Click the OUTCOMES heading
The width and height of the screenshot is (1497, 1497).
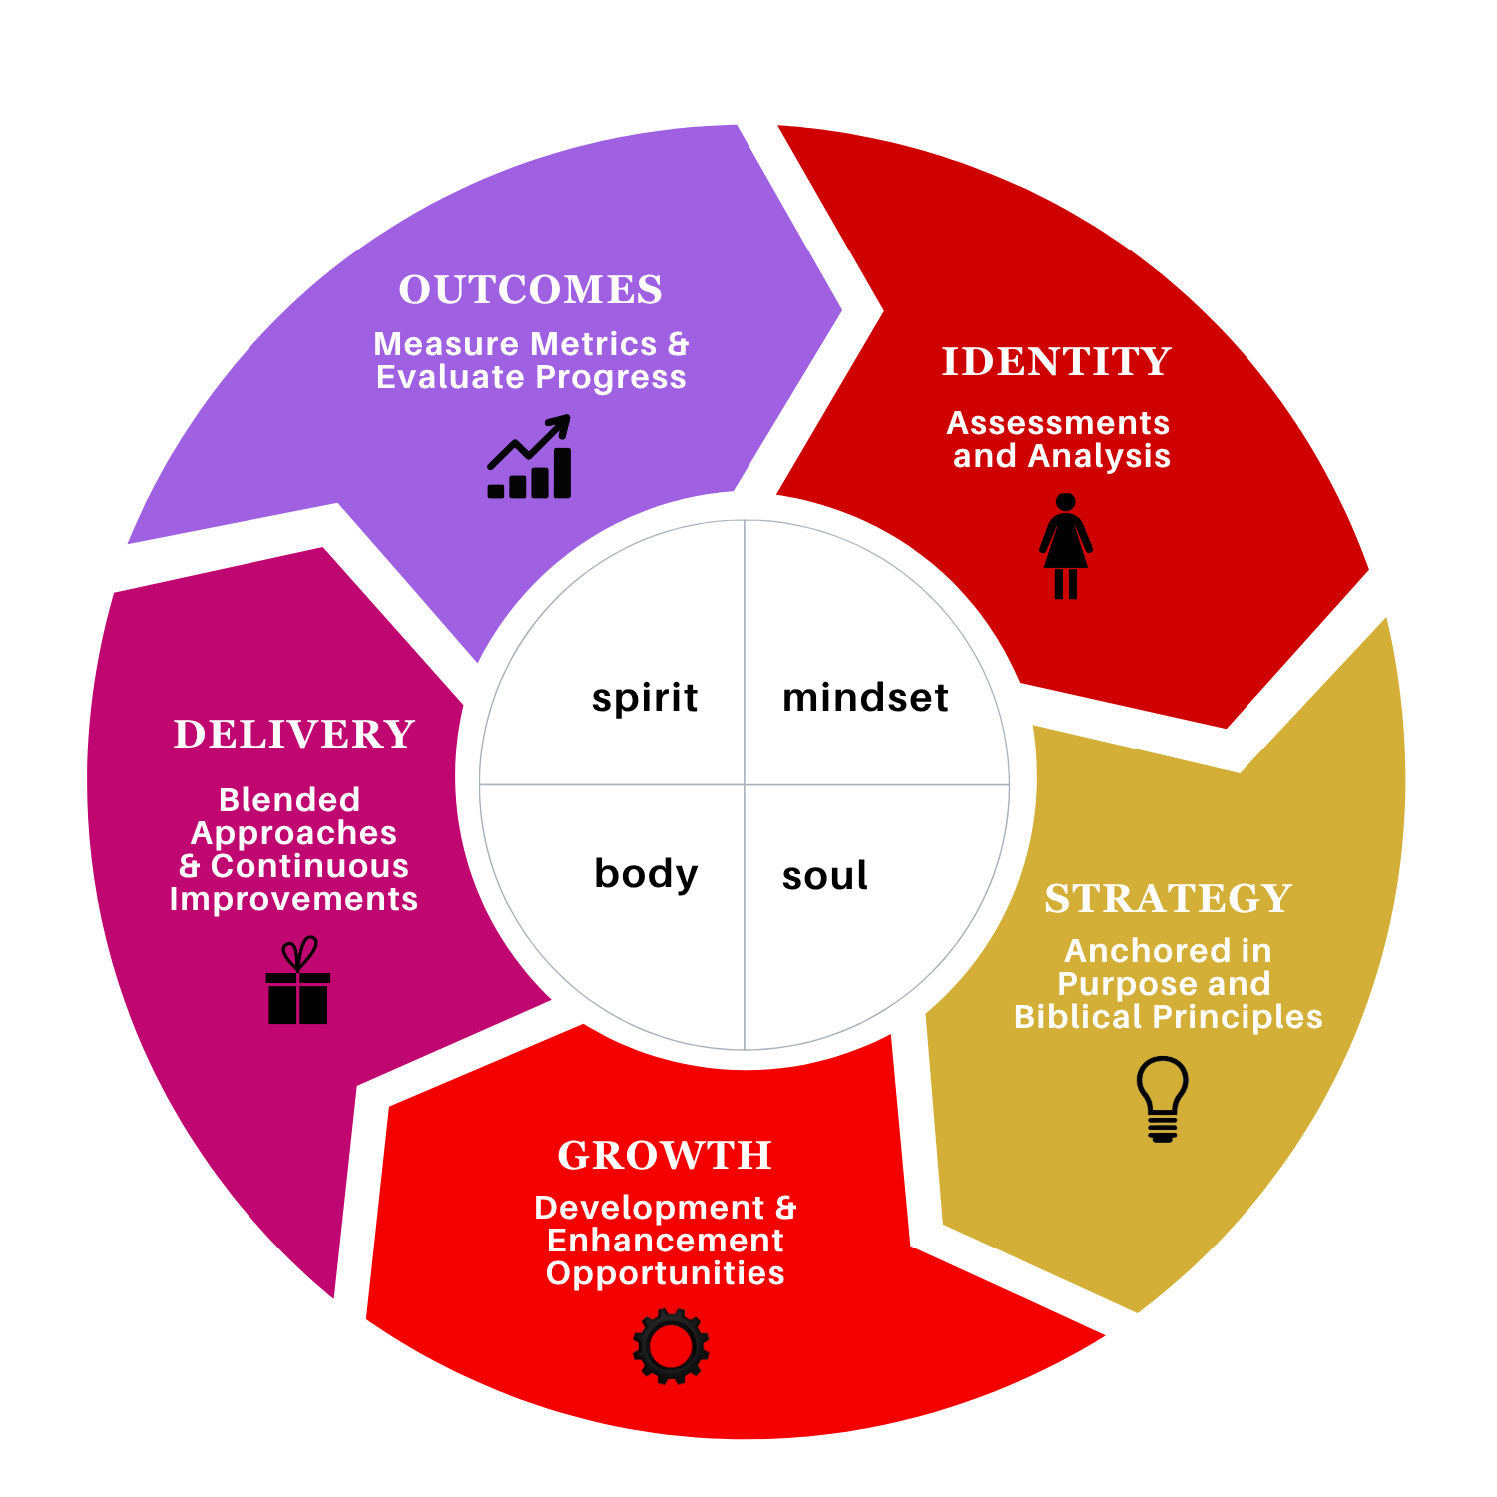[530, 290]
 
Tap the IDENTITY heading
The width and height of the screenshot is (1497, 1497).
[1056, 362]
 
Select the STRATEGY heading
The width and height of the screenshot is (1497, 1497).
[1168, 899]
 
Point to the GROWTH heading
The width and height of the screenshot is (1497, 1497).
[665, 1156]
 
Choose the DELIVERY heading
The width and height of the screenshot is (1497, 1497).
[294, 735]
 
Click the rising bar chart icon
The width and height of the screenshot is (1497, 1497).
[530, 459]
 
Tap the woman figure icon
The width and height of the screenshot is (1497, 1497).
[1065, 546]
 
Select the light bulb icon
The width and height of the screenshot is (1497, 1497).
[1162, 1099]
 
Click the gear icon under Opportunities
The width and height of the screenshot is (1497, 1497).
[671, 1346]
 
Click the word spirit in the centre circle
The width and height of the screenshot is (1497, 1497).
[645, 698]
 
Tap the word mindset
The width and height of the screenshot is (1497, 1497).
[865, 698]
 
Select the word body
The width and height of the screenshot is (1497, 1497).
[646, 874]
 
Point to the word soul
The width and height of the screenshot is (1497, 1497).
[824, 876]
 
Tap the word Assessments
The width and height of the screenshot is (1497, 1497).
[1058, 423]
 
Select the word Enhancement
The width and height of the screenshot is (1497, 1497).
[665, 1241]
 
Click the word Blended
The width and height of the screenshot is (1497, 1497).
[289, 800]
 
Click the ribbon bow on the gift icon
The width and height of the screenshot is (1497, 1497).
[299, 953]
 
